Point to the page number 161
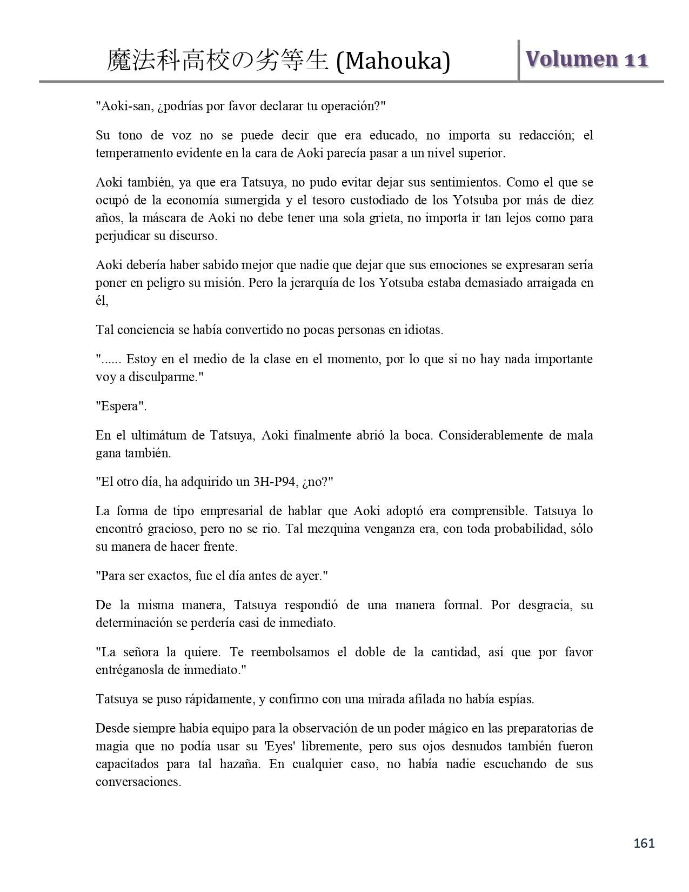(x=644, y=843)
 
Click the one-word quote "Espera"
(x=122, y=406)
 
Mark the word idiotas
(x=424, y=330)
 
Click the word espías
(x=515, y=699)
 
